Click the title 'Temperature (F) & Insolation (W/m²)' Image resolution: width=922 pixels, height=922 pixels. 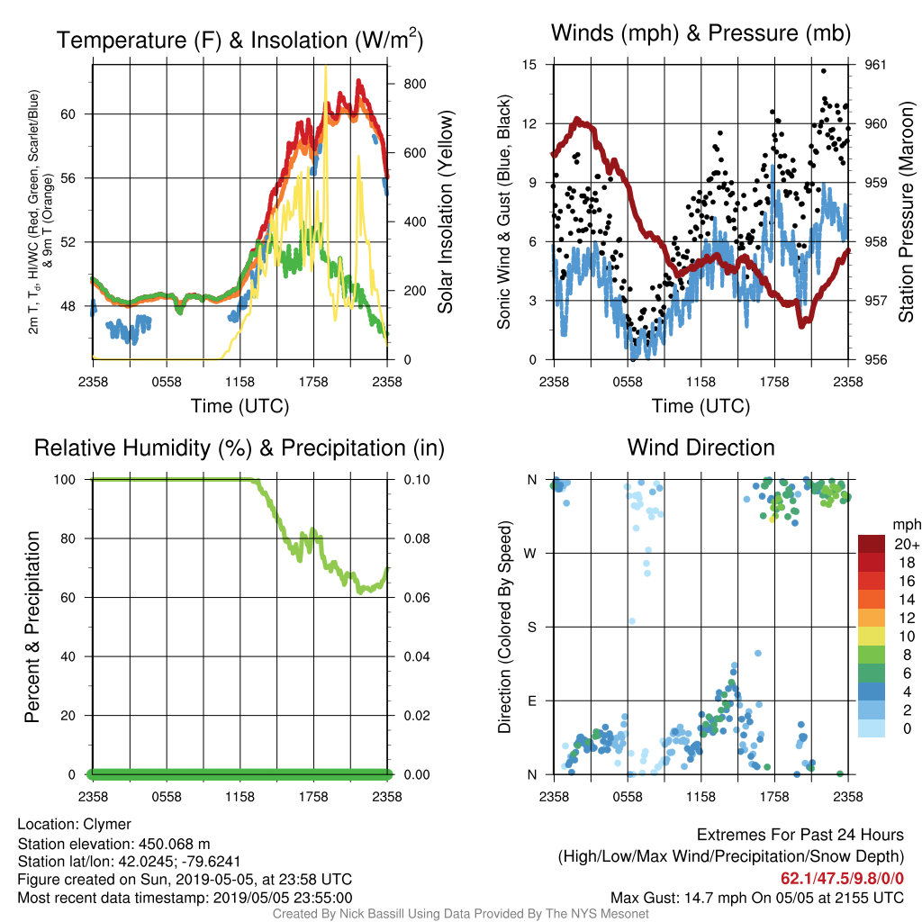(x=240, y=40)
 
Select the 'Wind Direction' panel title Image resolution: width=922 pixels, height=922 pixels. (x=701, y=447)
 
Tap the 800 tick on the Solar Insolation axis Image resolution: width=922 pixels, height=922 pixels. (x=414, y=84)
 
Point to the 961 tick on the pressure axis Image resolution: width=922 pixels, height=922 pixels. (x=875, y=65)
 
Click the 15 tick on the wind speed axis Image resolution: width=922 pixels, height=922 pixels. (x=529, y=65)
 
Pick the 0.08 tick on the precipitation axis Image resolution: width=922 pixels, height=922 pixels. (x=417, y=538)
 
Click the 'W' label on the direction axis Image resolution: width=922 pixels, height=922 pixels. (x=530, y=554)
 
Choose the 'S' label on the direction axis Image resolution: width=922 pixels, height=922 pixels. (x=531, y=627)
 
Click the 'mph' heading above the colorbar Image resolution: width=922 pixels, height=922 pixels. (x=906, y=525)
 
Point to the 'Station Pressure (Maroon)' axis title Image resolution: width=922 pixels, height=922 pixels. (x=906, y=212)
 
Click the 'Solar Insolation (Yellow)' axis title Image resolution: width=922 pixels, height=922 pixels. (x=445, y=212)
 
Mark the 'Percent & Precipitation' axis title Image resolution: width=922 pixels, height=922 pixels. (x=32, y=627)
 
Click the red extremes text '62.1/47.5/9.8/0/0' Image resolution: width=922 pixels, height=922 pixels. (x=842, y=878)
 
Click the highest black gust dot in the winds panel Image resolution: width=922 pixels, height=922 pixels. (x=824, y=71)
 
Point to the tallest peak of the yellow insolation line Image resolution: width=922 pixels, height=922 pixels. (x=326, y=67)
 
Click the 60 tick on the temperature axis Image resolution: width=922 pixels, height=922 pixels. (x=68, y=114)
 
